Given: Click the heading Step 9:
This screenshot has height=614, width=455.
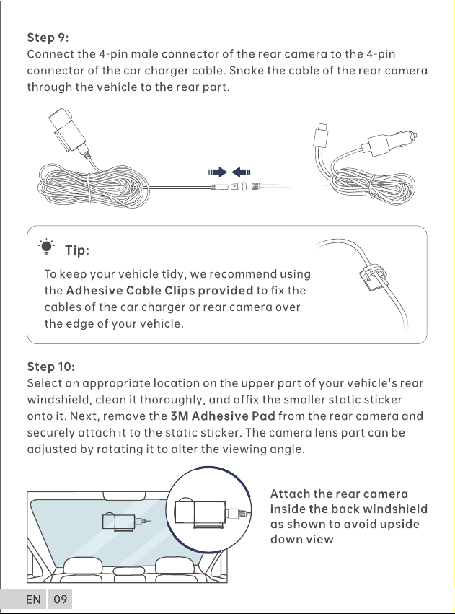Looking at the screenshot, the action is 48,38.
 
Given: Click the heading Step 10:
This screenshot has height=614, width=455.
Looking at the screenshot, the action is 50,367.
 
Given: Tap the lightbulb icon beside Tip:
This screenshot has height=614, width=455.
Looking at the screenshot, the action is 47,247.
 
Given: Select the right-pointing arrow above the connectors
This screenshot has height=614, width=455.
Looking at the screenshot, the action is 218,172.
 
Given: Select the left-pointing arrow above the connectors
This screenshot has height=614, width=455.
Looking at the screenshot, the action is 241,172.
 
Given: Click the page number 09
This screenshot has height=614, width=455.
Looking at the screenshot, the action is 61,599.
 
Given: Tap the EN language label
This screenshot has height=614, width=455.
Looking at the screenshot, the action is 33,599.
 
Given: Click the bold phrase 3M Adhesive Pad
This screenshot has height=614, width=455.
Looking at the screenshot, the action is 223,416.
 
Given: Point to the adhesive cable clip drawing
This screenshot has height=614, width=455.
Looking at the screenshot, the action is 371,276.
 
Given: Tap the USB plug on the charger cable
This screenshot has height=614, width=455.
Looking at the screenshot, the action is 321,134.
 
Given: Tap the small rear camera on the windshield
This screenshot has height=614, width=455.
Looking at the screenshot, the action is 119,522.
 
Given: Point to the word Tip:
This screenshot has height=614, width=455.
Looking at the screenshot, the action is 77,250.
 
